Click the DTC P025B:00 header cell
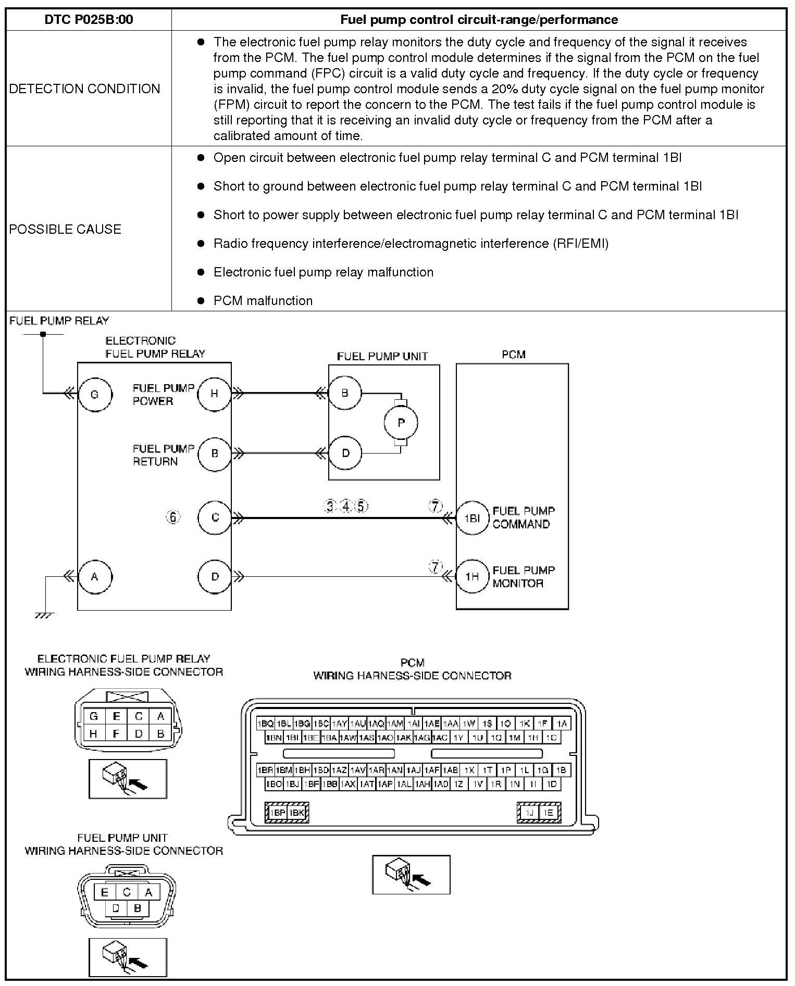coord(89,20)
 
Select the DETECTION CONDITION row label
coord(84,89)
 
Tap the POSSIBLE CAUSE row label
coord(65,229)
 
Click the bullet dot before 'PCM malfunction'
coord(201,300)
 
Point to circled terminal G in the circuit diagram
coord(95,394)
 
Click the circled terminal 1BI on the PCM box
coord(472,518)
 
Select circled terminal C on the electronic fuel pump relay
coord(215,517)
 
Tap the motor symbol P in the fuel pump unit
coord(401,423)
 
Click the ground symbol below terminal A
coord(45,615)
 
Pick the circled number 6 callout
coord(173,517)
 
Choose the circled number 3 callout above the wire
coord(329,506)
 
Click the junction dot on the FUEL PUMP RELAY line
coord(43,334)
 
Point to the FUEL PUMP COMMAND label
coord(524,517)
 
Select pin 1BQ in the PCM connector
coord(265,724)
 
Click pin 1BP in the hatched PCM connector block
coord(277,812)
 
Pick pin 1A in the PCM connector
coord(561,724)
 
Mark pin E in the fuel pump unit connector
coord(104,893)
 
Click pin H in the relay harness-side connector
coord(94,734)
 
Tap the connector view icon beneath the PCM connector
coord(411,875)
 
